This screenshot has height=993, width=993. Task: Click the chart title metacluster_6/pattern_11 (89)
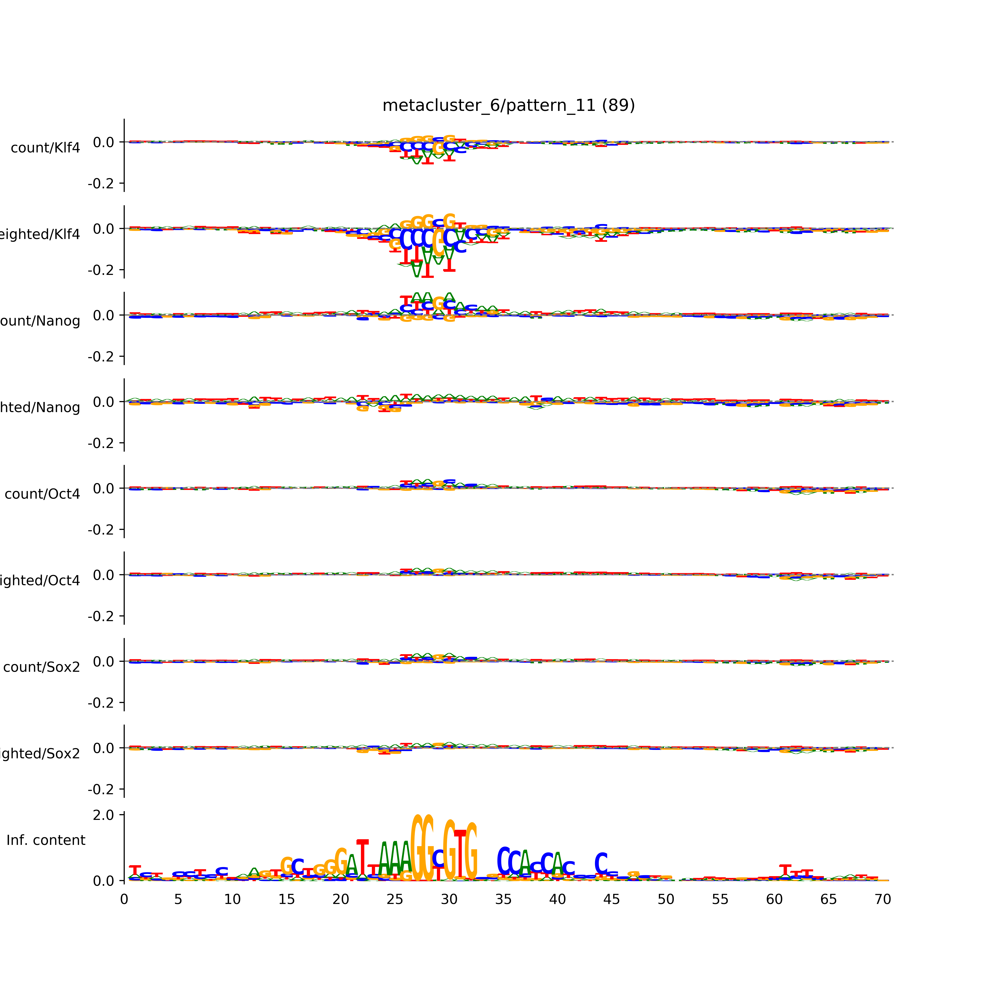[508, 105]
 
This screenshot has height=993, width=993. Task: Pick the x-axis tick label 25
[395, 899]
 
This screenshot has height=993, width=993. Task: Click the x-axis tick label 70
[882, 899]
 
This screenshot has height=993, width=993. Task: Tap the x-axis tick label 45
[612, 899]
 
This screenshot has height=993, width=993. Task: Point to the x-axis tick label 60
[774, 899]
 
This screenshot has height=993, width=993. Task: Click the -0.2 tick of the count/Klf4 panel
[101, 184]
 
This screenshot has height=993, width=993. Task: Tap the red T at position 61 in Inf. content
[785, 870]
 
